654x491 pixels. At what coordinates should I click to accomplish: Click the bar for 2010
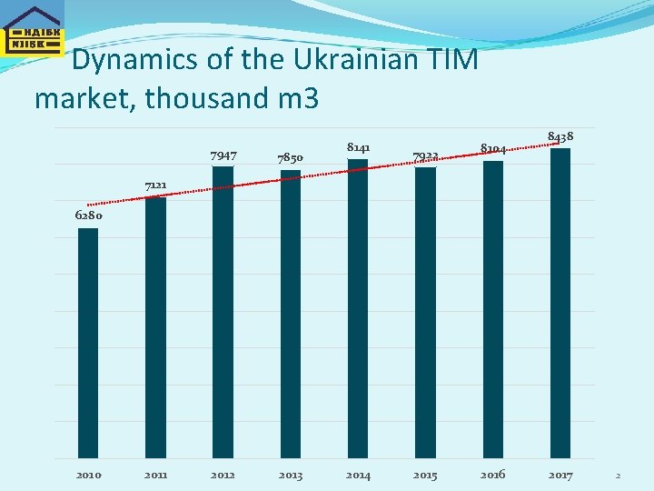(88, 343)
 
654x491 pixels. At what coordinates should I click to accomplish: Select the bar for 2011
(155, 327)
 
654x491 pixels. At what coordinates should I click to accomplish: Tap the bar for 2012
(223, 312)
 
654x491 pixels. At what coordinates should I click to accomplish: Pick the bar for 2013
(291, 314)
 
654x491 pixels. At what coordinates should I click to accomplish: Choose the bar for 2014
(358, 308)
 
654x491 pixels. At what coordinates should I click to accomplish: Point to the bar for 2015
(425, 313)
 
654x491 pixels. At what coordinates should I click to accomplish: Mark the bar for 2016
(493, 309)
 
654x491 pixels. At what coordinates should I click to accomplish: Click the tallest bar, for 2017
(560, 303)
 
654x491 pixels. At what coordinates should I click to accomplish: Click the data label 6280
(88, 215)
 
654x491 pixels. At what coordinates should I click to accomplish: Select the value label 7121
(155, 185)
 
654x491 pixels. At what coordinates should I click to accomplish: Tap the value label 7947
(223, 155)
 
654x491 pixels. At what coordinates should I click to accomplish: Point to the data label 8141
(358, 146)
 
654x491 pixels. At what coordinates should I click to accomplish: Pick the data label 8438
(560, 136)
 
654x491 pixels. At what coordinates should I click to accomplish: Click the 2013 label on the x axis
(291, 475)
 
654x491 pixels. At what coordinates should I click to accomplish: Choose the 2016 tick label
(493, 475)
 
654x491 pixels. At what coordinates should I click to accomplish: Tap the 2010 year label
(88, 475)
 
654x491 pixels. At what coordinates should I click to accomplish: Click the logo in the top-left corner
(33, 30)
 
